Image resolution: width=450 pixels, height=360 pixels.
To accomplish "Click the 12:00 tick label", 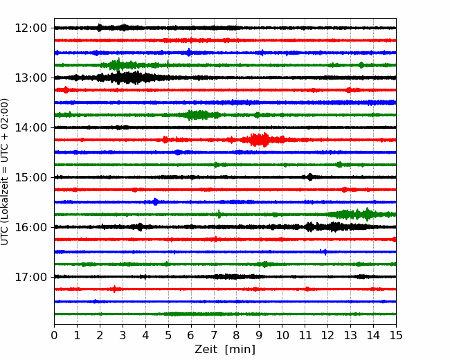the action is click(30, 28).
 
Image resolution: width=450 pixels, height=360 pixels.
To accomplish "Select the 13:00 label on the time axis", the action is click(30, 78).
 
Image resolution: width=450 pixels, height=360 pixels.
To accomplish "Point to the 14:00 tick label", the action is click(30, 127).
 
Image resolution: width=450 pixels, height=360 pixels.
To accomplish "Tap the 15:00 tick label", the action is click(30, 177).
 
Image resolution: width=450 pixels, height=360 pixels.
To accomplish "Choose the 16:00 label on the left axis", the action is click(30, 227).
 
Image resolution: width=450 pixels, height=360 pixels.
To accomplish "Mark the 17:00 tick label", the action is click(30, 277).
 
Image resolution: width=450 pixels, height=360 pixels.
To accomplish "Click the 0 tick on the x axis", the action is click(54, 335).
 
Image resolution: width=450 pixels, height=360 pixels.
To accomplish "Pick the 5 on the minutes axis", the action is click(168, 335).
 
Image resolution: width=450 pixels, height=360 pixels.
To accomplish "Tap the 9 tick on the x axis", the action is click(259, 335).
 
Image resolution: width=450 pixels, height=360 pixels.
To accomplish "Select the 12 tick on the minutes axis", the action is click(327, 335).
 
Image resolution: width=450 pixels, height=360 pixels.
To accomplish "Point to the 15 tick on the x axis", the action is click(396, 335).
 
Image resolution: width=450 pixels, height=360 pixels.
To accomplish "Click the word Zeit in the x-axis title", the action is click(206, 349).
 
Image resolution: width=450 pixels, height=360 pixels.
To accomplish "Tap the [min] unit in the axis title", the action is click(240, 350).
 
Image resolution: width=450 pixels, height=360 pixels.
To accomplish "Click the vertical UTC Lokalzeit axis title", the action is click(4, 172).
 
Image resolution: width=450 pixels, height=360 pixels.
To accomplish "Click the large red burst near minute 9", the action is click(260, 140).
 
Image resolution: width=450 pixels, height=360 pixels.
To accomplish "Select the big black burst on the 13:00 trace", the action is click(127, 78).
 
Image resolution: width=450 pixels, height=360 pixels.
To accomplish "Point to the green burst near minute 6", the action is click(198, 115).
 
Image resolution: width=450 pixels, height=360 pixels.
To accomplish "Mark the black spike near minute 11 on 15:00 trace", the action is click(309, 177).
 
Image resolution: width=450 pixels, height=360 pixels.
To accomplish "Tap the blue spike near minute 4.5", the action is click(155, 202).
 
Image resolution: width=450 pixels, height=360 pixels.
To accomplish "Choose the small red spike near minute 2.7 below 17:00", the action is click(114, 289).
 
